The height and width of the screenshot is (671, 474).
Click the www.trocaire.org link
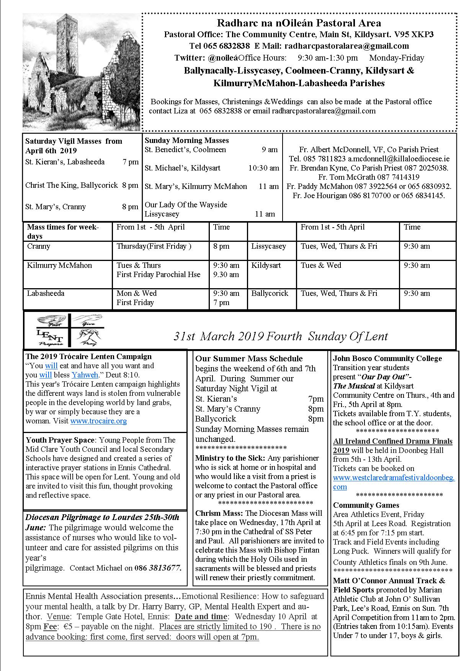point(98,421)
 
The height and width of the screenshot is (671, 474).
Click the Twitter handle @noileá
point(223,58)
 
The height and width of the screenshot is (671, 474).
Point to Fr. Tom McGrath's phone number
point(398,177)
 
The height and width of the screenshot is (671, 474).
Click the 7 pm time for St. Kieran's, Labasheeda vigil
point(131,162)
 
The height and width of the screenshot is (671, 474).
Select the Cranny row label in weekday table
point(39,246)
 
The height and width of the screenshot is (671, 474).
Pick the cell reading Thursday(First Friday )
point(154,246)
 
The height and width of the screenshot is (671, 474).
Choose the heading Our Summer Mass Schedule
point(249,359)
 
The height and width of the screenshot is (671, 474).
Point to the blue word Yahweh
point(85,375)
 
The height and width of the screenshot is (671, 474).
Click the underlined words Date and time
point(201,617)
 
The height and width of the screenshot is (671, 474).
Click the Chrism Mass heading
point(219,513)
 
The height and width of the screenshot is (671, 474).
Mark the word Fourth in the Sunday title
point(285,336)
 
